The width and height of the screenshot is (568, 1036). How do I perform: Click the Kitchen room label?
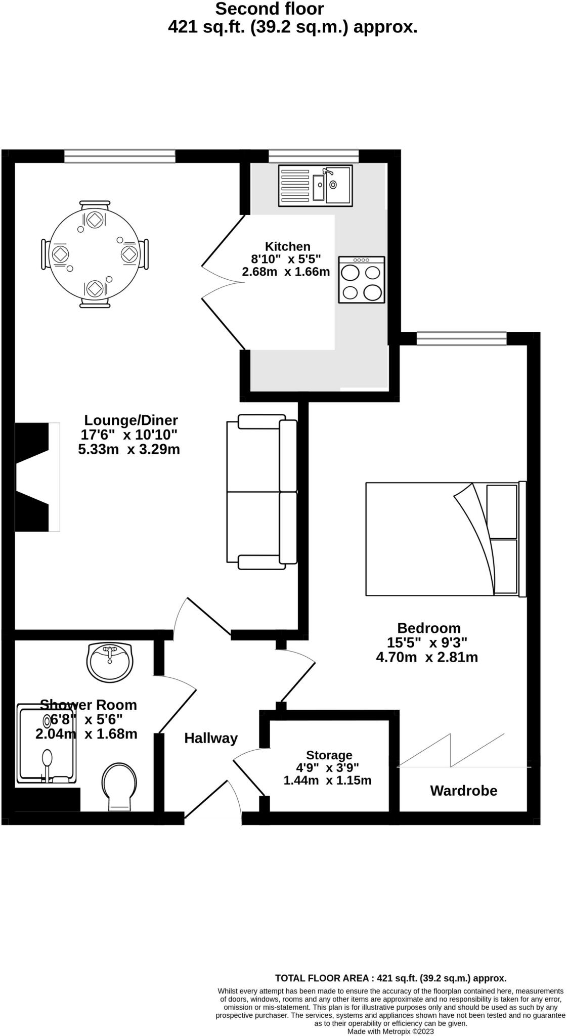click(287, 247)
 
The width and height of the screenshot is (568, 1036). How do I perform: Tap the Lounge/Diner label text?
click(130, 420)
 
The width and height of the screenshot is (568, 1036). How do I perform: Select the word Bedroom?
click(428, 628)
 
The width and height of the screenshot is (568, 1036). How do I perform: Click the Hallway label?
click(210, 739)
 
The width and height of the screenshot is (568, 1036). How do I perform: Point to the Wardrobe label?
click(463, 791)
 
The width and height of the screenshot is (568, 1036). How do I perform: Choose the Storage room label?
click(329, 755)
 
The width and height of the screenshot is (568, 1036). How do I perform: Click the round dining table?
click(95, 254)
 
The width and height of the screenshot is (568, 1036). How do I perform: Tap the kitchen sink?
click(315, 186)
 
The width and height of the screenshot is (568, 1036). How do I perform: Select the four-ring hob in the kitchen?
click(362, 280)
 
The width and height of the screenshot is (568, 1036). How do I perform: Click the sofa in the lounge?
click(261, 491)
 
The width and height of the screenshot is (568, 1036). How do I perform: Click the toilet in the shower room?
click(119, 787)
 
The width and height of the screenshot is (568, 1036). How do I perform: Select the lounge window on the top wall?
click(119, 156)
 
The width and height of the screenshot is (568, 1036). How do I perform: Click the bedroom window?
click(461, 338)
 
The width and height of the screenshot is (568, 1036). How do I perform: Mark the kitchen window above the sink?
click(313, 156)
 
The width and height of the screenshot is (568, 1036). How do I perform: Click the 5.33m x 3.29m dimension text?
click(129, 449)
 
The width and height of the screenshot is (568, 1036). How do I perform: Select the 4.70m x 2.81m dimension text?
click(427, 658)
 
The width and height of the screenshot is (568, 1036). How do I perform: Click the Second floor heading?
click(269, 9)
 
